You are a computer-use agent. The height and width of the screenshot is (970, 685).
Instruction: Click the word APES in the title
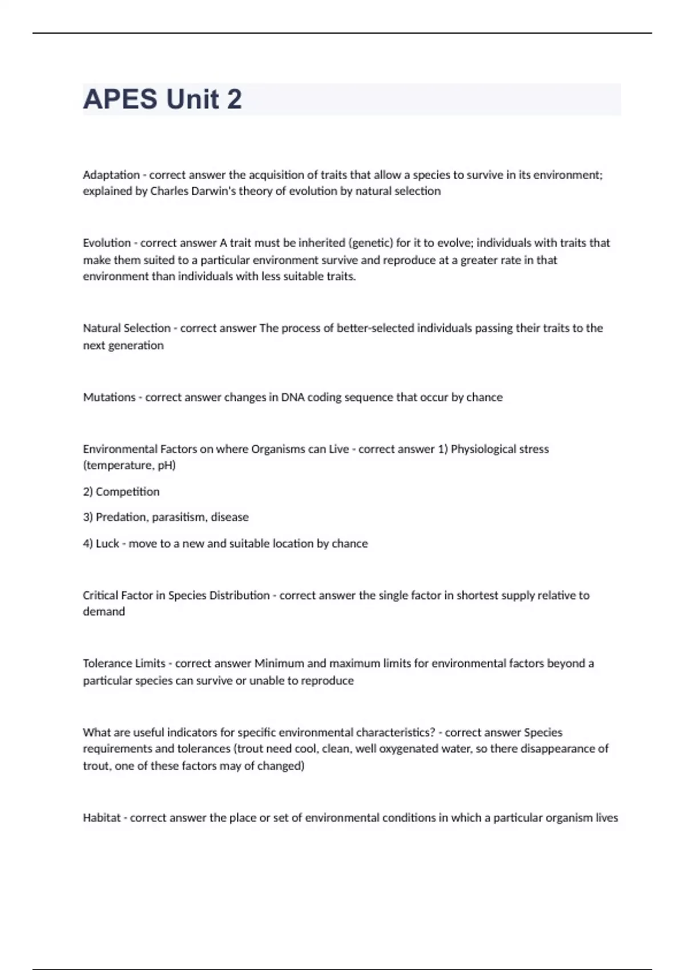(x=120, y=99)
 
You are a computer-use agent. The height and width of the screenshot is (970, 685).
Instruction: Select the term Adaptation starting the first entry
(x=111, y=175)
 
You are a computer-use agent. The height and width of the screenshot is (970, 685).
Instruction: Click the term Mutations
(x=109, y=397)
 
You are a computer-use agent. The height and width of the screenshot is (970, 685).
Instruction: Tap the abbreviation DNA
(x=293, y=397)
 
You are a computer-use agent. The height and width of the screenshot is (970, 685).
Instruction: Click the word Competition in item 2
(x=127, y=492)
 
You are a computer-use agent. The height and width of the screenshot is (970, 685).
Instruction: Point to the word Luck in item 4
(x=107, y=543)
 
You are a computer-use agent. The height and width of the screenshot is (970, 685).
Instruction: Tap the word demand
(x=104, y=612)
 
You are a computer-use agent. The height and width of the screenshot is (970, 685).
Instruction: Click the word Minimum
(x=279, y=664)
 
